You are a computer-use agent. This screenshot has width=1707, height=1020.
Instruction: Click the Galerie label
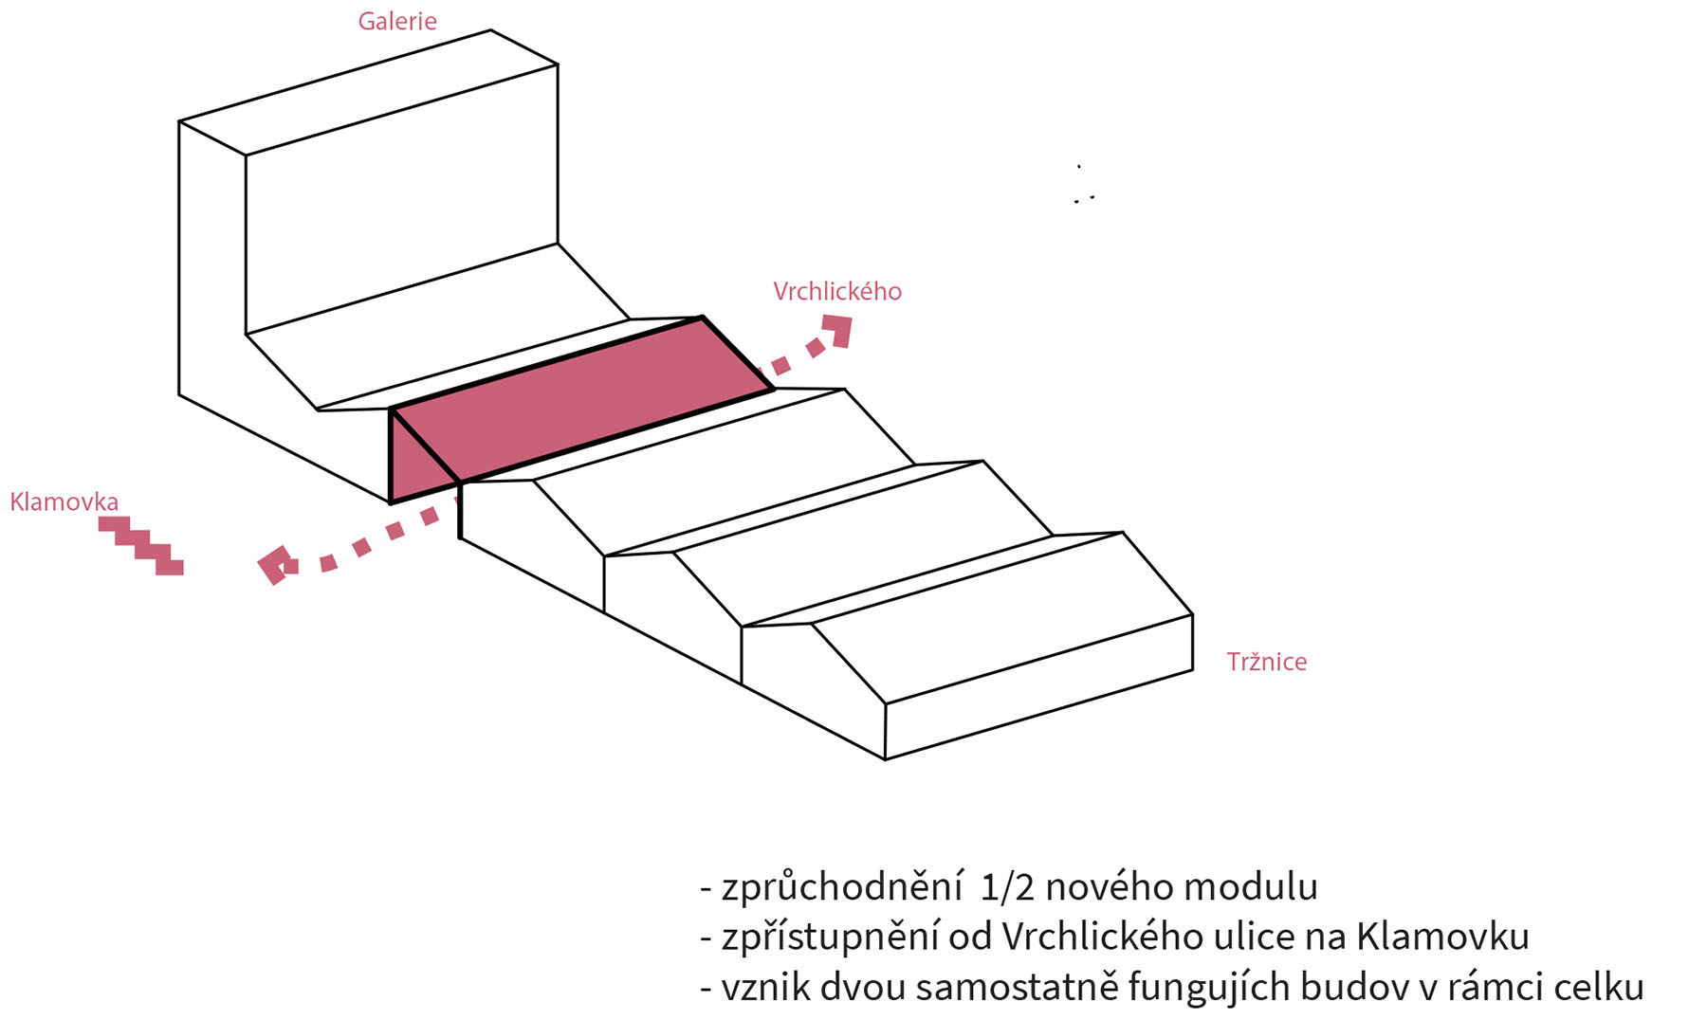click(397, 21)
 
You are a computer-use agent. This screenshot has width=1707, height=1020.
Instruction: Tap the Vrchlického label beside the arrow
click(837, 291)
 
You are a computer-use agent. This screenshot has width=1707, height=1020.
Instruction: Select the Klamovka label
click(64, 501)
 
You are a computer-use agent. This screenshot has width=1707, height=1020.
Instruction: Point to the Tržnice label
click(1267, 661)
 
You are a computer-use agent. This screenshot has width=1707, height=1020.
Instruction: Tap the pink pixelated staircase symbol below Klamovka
click(141, 545)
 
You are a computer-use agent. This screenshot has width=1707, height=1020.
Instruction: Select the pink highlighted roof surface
click(582, 399)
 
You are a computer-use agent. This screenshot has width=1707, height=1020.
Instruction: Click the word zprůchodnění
click(842, 887)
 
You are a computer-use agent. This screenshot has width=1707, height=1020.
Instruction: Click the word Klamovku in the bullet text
click(1442, 937)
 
